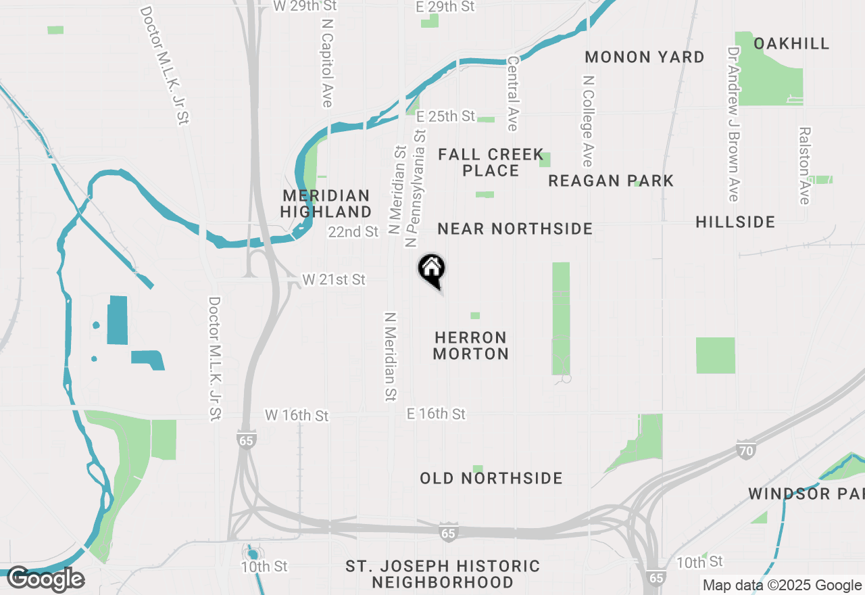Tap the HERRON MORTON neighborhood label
point(470,346)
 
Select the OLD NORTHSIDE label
point(491,479)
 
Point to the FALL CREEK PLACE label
point(491,163)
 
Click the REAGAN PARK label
point(611,181)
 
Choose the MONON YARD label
point(645,57)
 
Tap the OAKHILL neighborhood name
point(791,44)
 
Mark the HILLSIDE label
point(735,222)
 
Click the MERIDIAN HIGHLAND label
point(327,204)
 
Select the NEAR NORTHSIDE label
point(515,229)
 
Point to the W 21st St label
point(334,279)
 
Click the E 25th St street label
point(446,117)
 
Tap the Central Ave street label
point(512,93)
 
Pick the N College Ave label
point(588,120)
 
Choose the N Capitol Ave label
point(328,62)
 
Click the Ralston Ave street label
point(804,166)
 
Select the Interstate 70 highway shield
point(746,450)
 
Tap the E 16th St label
point(437,414)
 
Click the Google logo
point(46,579)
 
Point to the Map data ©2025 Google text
point(781,586)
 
